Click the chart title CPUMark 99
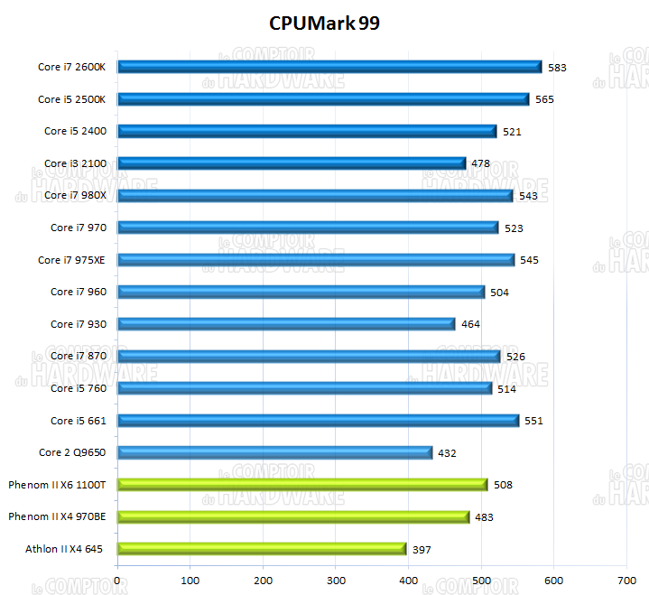pos(324,23)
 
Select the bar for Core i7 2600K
pos(329,67)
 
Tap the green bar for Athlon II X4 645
pos(262,548)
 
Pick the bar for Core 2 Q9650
pos(274,452)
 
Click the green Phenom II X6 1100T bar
pos(302,485)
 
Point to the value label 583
pos(558,68)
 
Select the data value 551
pos(534,421)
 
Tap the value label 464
pos(470,324)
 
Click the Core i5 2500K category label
pos(72,99)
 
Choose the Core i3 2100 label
pos(75,163)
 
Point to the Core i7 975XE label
pos(71,260)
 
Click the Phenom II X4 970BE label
pos(57,516)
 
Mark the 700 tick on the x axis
pos(626,581)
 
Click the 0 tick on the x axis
pos(118,581)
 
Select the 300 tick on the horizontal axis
pos(336,581)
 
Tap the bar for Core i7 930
pos(286,323)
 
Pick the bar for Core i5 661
pos(318,420)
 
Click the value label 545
pos(529,260)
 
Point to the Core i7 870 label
pos(78,356)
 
